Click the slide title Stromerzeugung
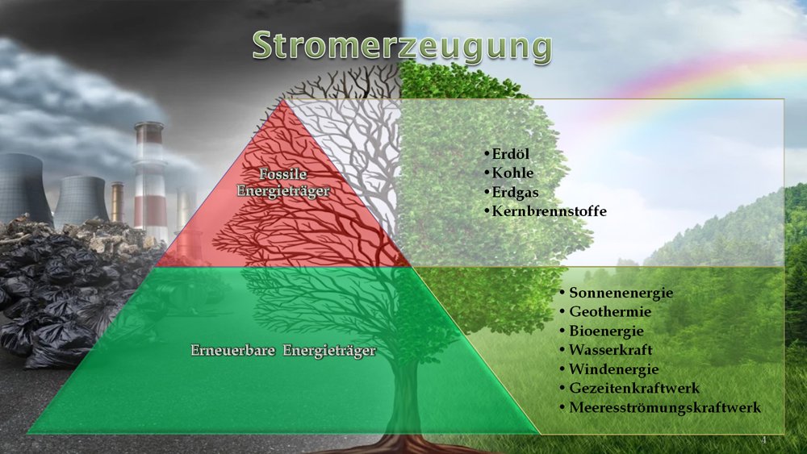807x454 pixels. (402, 47)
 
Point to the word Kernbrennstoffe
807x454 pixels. (549, 211)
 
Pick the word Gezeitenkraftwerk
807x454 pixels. (634, 388)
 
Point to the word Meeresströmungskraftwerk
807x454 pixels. (664, 408)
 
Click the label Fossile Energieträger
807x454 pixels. (283, 182)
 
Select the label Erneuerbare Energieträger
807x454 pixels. (283, 351)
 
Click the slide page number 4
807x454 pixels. (763, 440)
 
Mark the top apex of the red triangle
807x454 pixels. (282, 100)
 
